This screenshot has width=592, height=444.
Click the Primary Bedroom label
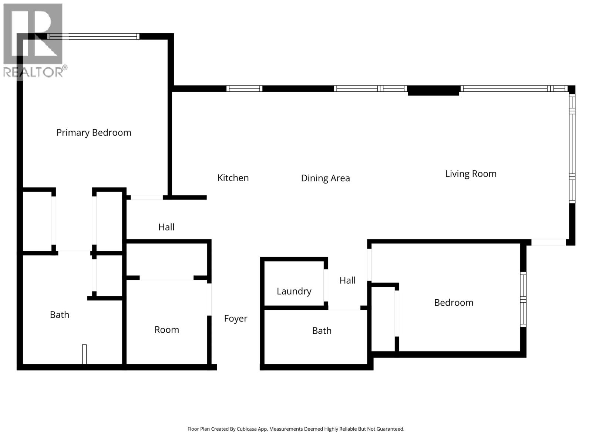click(94, 132)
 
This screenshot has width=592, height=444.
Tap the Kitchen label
click(233, 178)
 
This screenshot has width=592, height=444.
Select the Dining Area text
click(325, 178)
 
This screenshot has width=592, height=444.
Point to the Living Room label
click(471, 174)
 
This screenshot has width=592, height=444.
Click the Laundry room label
click(294, 291)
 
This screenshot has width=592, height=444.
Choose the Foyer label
click(236, 319)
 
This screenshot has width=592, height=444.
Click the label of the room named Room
click(166, 330)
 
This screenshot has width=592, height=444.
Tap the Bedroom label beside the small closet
click(454, 303)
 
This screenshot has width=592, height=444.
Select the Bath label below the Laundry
click(322, 331)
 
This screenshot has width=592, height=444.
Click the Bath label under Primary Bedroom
click(60, 315)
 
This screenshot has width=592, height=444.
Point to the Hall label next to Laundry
click(347, 280)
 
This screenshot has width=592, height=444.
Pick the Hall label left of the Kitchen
click(166, 227)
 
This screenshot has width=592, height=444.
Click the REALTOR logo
click(33, 41)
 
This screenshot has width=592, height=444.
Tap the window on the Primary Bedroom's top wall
click(93, 36)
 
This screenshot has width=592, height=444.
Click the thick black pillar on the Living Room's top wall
click(433, 91)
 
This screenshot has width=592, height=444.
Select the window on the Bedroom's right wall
click(523, 299)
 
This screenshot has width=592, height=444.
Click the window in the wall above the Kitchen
click(244, 88)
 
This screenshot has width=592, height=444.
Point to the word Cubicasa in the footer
click(256, 429)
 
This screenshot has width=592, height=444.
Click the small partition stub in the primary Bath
click(84, 354)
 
